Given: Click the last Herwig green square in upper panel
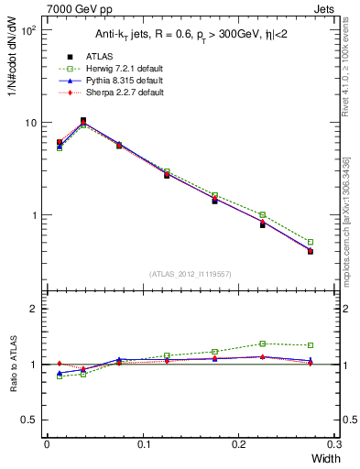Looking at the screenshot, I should (311, 242).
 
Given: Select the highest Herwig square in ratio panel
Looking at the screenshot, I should (262, 344).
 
